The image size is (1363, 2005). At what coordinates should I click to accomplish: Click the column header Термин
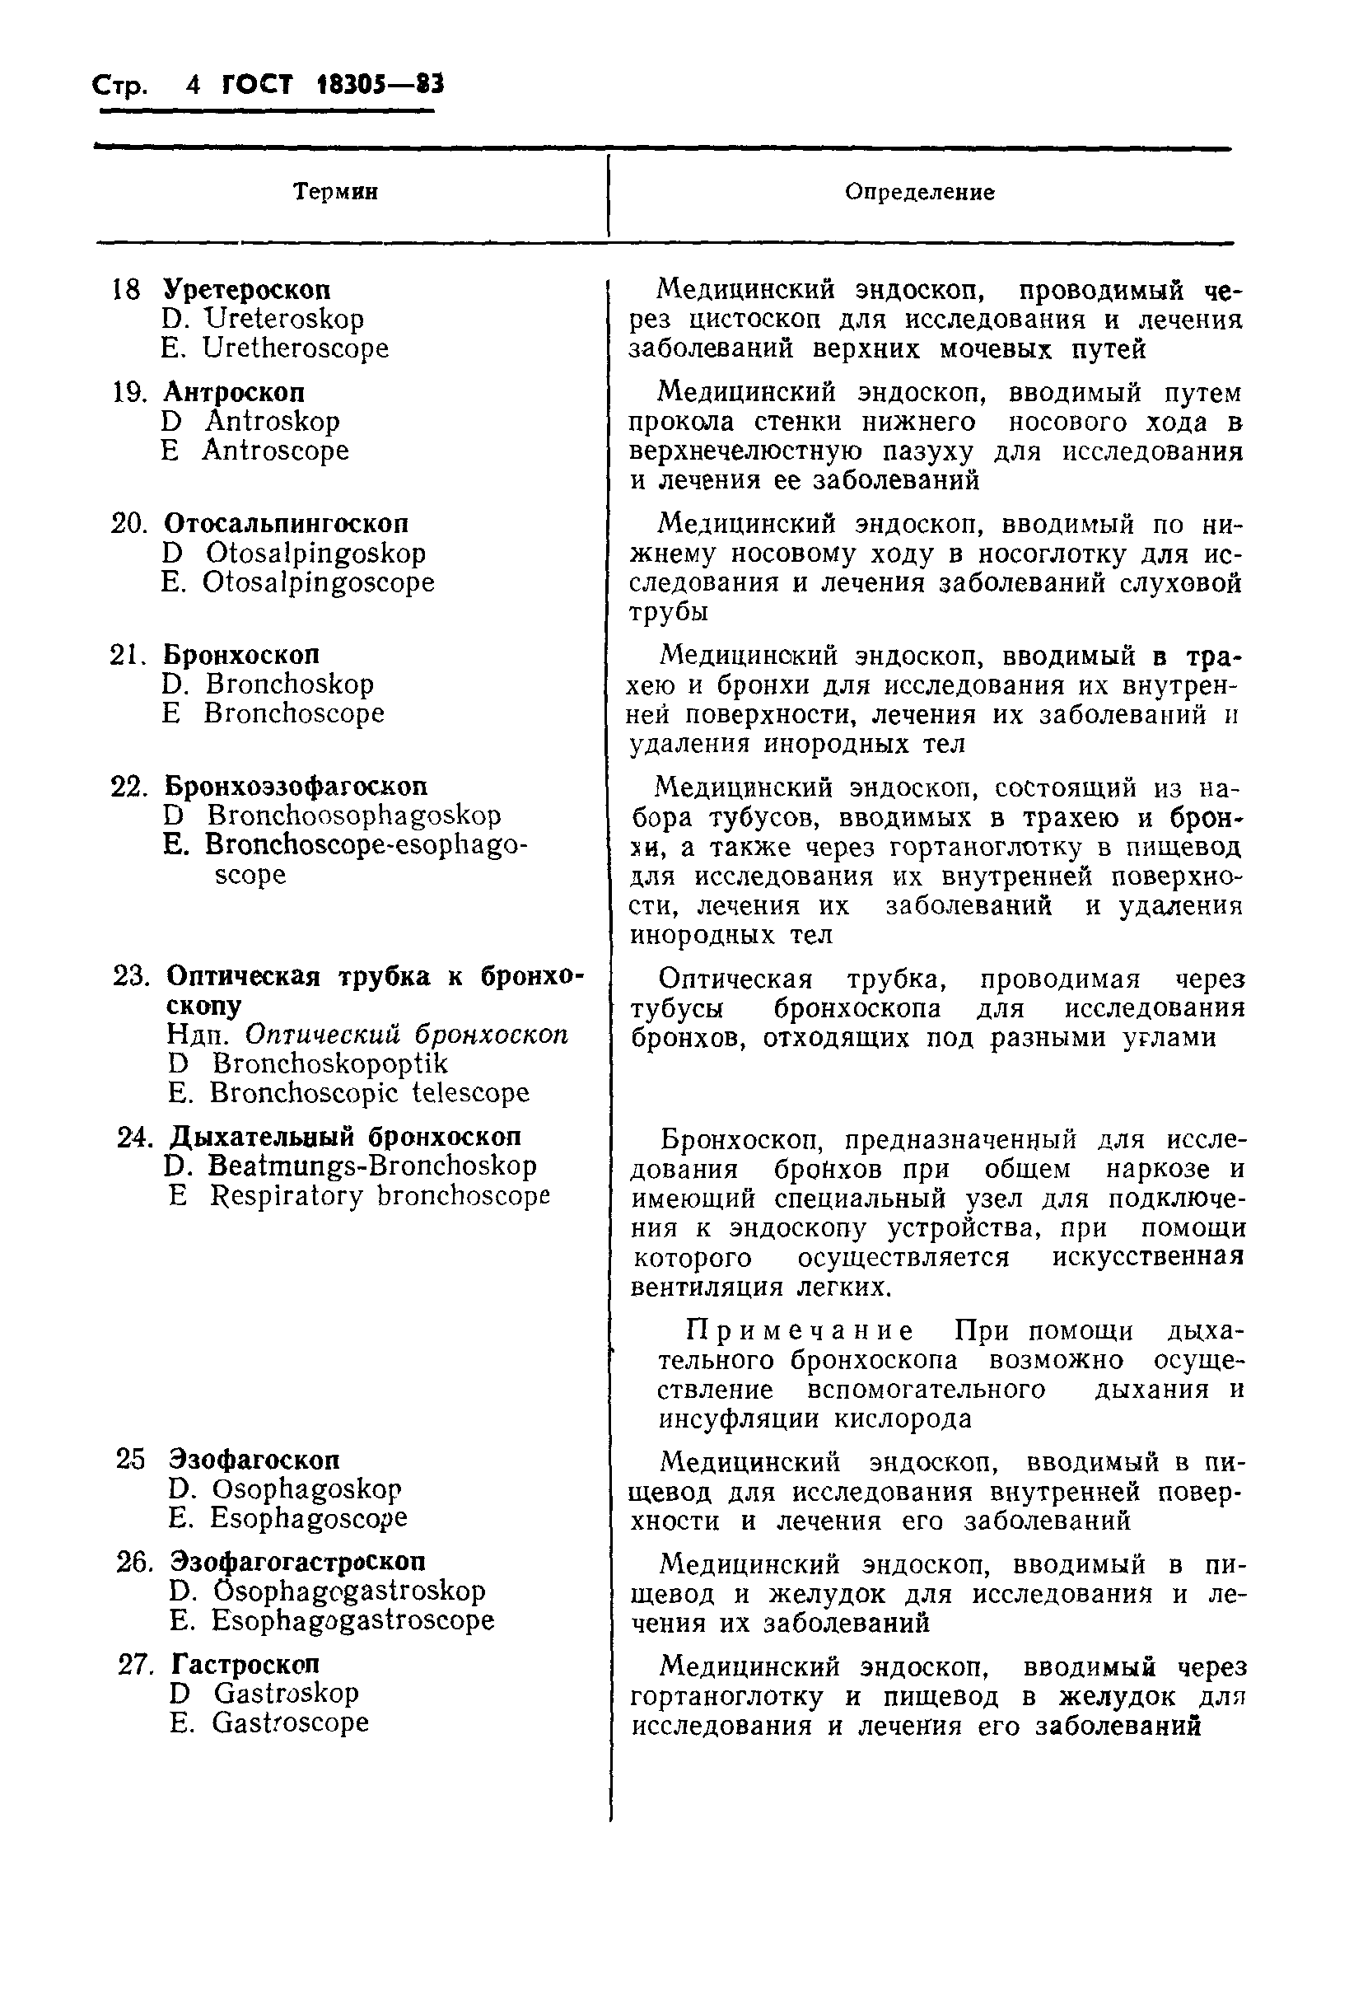click(335, 192)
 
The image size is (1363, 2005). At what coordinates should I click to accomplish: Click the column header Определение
click(919, 192)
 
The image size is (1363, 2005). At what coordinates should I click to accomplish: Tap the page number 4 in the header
click(193, 86)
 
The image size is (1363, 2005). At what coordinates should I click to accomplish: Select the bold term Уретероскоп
click(247, 289)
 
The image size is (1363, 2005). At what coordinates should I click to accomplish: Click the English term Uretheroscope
click(295, 348)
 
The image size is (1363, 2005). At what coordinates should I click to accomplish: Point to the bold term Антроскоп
click(234, 393)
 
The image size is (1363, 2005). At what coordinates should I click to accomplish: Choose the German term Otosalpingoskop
click(315, 553)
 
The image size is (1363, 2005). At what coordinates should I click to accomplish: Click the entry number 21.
click(128, 655)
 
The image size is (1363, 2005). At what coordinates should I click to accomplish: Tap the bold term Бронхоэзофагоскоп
click(295, 787)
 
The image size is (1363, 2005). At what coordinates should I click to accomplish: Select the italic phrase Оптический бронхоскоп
click(406, 1035)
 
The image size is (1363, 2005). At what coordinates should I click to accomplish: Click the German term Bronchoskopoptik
click(330, 1063)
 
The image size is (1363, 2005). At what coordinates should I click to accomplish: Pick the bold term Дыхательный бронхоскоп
click(345, 1137)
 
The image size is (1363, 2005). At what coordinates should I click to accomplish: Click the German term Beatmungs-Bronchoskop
click(371, 1166)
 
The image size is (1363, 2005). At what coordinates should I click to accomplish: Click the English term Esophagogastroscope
click(352, 1620)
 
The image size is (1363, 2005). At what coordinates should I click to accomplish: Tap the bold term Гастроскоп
click(245, 1663)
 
